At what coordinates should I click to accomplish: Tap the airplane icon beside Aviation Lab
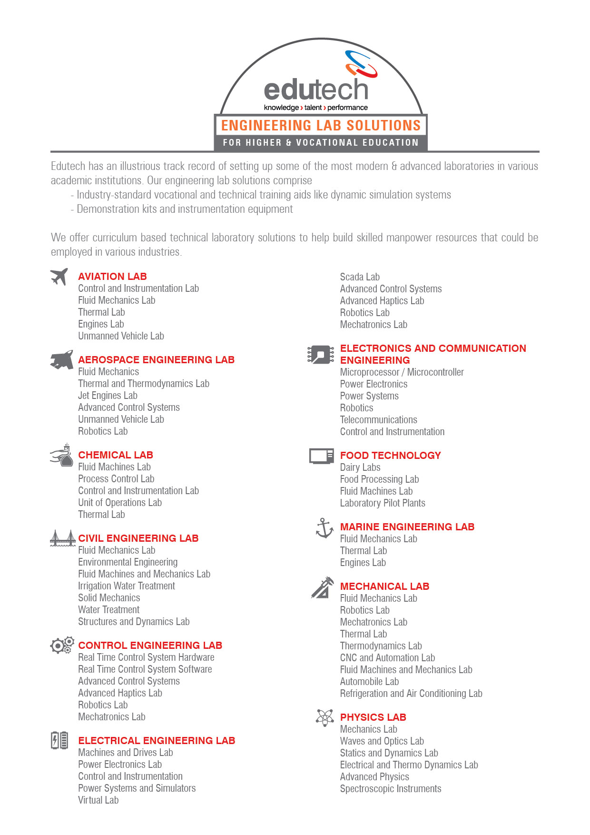pyautogui.click(x=59, y=276)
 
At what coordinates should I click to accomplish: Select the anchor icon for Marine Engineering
pyautogui.click(x=324, y=528)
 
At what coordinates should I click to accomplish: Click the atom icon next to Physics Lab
pyautogui.click(x=325, y=717)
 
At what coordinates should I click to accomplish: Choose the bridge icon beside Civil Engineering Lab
pyautogui.click(x=63, y=538)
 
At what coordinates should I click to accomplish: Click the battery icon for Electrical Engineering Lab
pyautogui.click(x=59, y=741)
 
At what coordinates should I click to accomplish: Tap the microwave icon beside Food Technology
pyautogui.click(x=321, y=456)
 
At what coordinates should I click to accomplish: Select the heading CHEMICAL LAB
pyautogui.click(x=116, y=455)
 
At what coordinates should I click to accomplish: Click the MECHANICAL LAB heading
pyautogui.click(x=384, y=586)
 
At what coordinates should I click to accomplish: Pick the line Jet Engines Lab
pyautogui.click(x=108, y=396)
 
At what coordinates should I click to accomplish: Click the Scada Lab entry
pyautogui.click(x=360, y=277)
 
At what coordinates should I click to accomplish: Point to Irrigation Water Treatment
pyautogui.click(x=127, y=586)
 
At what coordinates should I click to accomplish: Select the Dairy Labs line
pyautogui.click(x=360, y=467)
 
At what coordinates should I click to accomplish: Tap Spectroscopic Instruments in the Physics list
pyautogui.click(x=391, y=789)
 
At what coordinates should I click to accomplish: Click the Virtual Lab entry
pyautogui.click(x=98, y=800)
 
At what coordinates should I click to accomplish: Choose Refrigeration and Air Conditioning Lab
pyautogui.click(x=411, y=694)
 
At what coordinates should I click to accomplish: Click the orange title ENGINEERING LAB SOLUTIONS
pyautogui.click(x=321, y=126)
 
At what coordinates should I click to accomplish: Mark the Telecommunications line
pyautogui.click(x=378, y=420)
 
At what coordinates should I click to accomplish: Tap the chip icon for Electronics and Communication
pyautogui.click(x=321, y=355)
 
